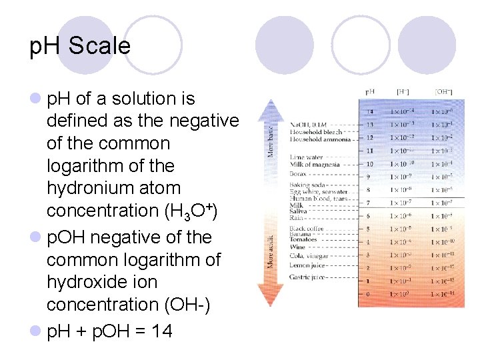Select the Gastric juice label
307,277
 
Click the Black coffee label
307,229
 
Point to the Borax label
298,174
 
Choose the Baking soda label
307,185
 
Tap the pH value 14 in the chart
369,111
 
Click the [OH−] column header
442,91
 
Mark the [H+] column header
403,91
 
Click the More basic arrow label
271,137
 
